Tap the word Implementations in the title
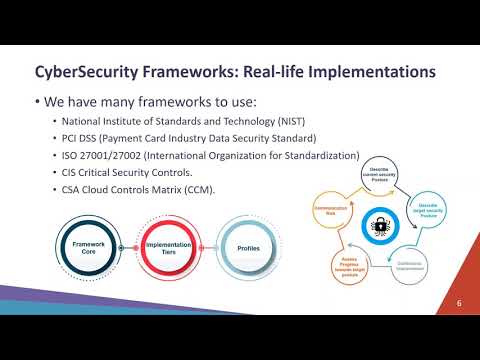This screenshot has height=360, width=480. pos(363,72)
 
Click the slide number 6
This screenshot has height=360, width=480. pos(459,302)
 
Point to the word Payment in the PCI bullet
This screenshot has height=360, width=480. pos(119,138)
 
